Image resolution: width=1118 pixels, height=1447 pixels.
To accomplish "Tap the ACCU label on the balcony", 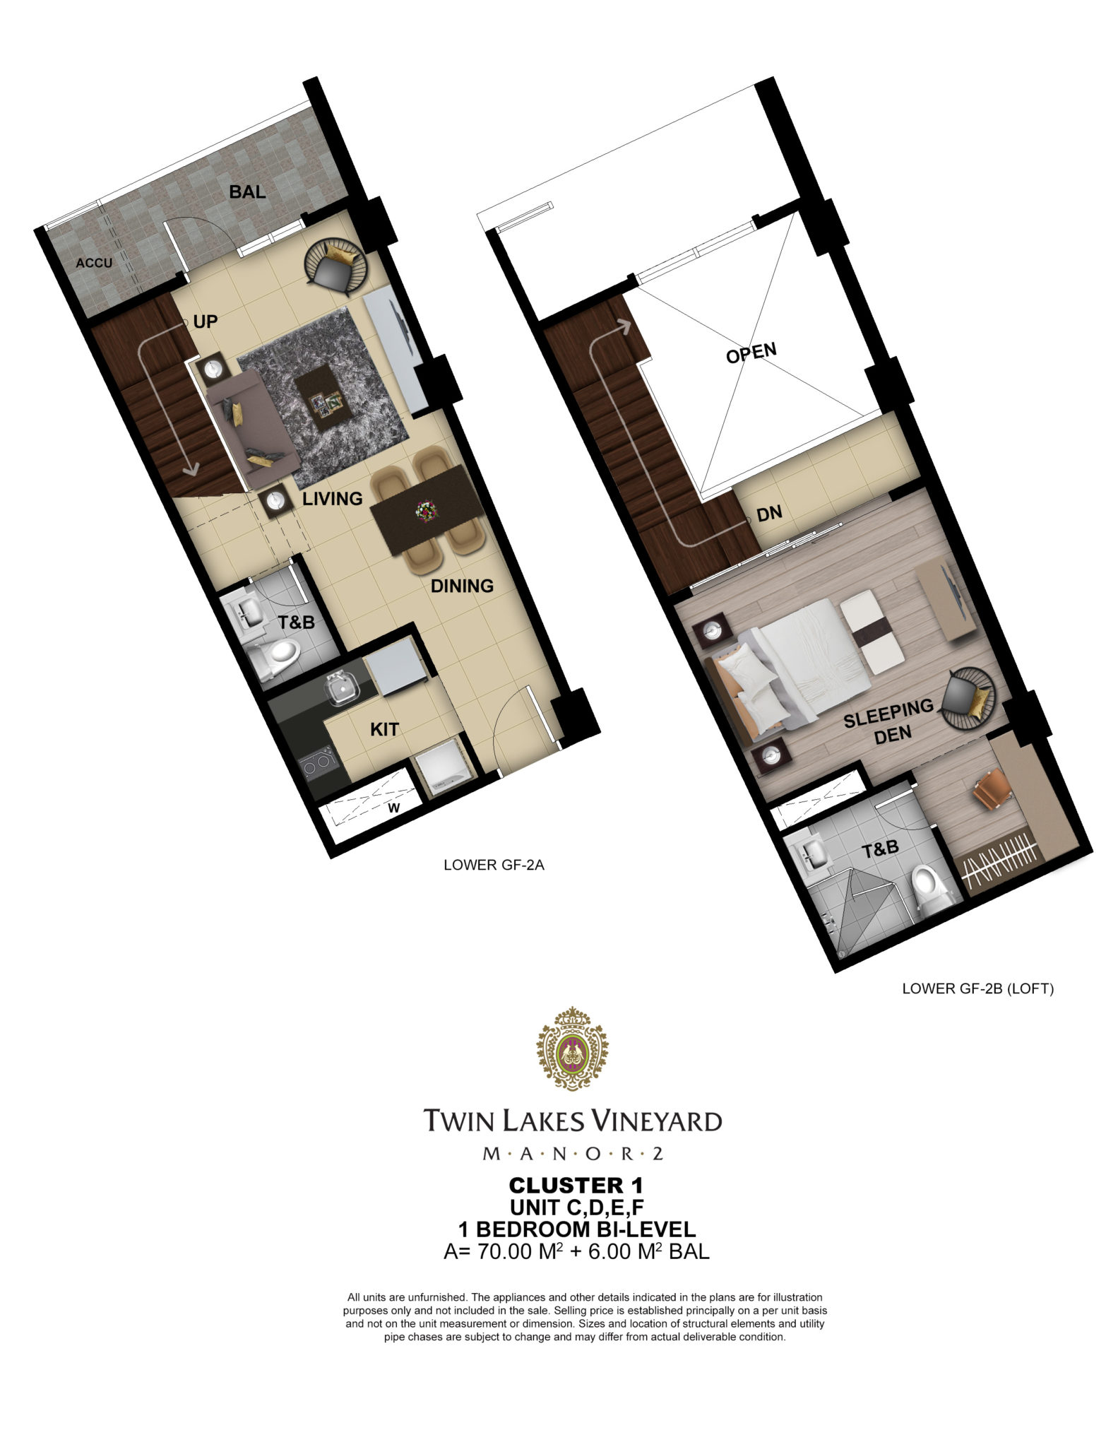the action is pyautogui.click(x=94, y=263).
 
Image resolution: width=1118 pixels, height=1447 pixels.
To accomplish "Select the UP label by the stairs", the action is pyautogui.click(x=205, y=321).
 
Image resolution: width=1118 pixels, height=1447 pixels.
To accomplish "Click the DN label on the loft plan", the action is pyautogui.click(x=769, y=514).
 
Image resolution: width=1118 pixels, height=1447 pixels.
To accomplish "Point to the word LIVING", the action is pyautogui.click(x=333, y=498).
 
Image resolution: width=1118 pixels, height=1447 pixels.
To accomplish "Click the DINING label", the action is pyautogui.click(x=462, y=586).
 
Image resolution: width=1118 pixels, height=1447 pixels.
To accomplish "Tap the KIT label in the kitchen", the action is pyautogui.click(x=384, y=729).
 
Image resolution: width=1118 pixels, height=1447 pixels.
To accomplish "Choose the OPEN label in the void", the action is pyautogui.click(x=751, y=353).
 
